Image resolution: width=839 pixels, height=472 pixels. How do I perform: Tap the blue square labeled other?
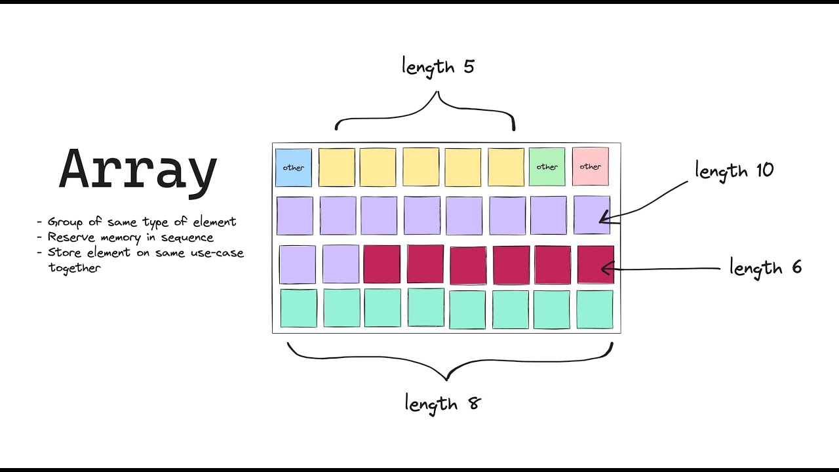tap(294, 168)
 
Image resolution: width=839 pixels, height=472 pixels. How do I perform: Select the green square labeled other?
tap(547, 167)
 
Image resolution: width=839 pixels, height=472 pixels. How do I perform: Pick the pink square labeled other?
tap(590, 167)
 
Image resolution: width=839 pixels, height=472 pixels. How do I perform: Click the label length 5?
tap(437, 67)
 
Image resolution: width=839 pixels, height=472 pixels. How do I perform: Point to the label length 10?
tap(734, 171)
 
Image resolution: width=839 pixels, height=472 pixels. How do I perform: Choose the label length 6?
tap(765, 267)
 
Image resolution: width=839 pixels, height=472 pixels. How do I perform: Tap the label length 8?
tap(443, 403)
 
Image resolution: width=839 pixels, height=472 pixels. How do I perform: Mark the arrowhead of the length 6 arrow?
tap(604, 268)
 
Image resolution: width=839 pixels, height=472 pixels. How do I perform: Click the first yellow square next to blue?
tap(337, 167)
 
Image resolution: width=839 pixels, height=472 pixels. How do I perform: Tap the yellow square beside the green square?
tap(506, 167)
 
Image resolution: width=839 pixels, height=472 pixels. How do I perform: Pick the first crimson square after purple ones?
tap(381, 264)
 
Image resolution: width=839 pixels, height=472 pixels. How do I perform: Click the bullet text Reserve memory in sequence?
tap(130, 237)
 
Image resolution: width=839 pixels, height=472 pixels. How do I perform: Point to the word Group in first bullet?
tap(61, 222)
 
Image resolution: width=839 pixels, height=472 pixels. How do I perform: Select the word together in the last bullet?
tap(74, 267)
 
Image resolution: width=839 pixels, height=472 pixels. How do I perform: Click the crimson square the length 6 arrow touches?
tap(595, 265)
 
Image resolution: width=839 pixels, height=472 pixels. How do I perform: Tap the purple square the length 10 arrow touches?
tap(591, 215)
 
